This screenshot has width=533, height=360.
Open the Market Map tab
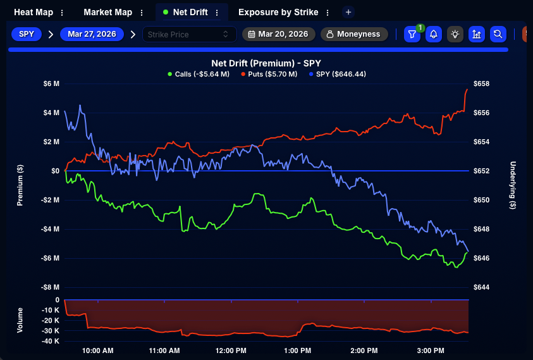(x=107, y=12)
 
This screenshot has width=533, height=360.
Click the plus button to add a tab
(x=348, y=12)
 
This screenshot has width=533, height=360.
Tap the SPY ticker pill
(x=27, y=34)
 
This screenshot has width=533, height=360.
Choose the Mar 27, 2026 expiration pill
(x=92, y=34)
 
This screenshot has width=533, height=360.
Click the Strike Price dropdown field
(x=189, y=34)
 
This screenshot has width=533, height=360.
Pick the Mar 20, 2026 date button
(x=278, y=34)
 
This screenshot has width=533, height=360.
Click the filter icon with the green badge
(x=412, y=34)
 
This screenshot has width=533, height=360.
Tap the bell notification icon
(x=434, y=34)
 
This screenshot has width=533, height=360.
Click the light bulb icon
(x=455, y=34)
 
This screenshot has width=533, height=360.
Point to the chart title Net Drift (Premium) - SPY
(x=267, y=63)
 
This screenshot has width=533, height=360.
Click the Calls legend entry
(x=197, y=74)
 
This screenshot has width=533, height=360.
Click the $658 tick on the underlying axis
(x=481, y=84)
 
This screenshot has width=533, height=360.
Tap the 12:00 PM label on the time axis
(x=231, y=351)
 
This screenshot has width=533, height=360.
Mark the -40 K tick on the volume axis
(x=49, y=341)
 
